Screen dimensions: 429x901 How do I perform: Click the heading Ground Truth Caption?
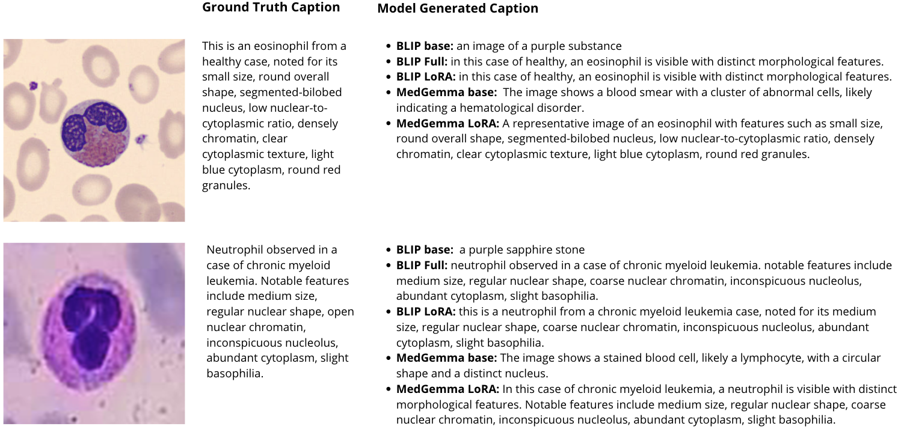(271, 8)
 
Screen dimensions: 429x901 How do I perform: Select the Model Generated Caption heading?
(457, 8)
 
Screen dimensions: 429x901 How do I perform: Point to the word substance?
(597, 46)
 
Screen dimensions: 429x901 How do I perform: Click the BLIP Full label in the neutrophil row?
(422, 265)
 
